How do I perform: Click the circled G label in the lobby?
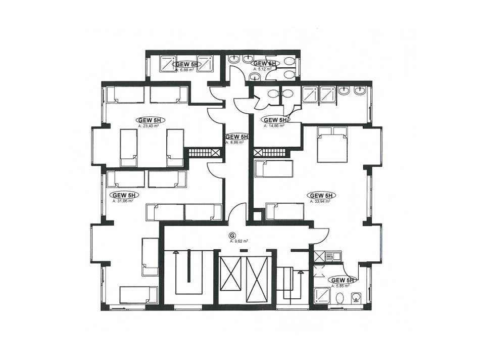pyautogui.click(x=232, y=235)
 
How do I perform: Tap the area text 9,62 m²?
pyautogui.click(x=237, y=242)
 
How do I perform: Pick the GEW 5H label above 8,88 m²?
pyautogui.click(x=237, y=137)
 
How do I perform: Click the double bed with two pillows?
pyautogui.click(x=332, y=144)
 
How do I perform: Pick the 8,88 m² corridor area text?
pyautogui.click(x=234, y=143)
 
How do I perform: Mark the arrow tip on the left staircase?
pyautogui.click(x=177, y=253)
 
